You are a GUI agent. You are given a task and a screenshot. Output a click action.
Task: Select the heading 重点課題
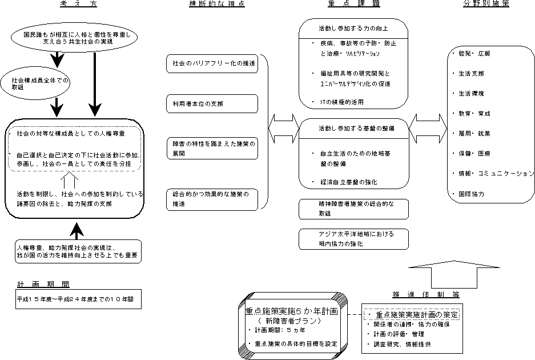(353, 4)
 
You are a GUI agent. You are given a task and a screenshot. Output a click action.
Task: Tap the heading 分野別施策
(486, 4)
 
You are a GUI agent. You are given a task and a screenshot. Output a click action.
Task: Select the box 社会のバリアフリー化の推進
(211, 63)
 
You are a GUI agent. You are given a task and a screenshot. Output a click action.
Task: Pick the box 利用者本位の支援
(211, 103)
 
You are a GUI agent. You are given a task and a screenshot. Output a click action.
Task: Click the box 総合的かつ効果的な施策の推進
(211, 199)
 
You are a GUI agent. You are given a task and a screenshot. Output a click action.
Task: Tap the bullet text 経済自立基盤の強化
(348, 182)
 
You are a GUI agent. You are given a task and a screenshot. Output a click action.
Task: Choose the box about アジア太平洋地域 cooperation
(353, 239)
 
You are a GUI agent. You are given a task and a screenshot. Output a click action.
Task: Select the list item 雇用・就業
(475, 134)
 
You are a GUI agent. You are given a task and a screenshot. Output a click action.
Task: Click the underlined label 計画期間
(43, 283)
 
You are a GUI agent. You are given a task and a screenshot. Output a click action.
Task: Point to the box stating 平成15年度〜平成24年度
(78, 298)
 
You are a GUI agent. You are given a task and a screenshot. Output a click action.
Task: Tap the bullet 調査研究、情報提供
(403, 344)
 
